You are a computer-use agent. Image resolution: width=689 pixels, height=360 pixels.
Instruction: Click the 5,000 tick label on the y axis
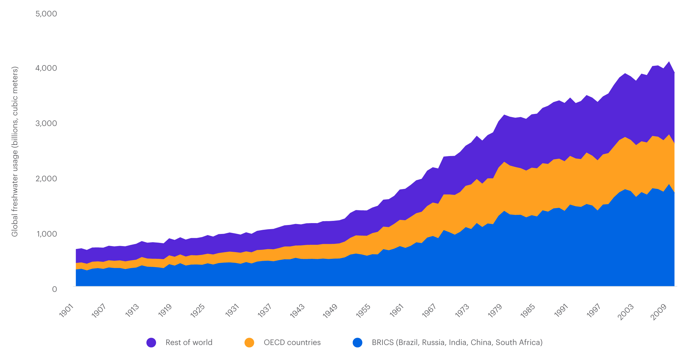coord(46,14)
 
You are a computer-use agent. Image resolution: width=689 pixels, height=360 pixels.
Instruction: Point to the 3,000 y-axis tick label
coord(46,123)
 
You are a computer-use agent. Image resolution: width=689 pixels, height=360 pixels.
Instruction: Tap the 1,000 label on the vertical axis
coord(46,234)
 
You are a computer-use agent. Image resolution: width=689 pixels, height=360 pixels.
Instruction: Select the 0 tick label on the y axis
coord(54,289)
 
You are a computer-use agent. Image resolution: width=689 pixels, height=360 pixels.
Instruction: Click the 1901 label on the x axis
coord(67,311)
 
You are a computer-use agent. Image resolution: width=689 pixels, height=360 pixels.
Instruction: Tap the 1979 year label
coord(495,311)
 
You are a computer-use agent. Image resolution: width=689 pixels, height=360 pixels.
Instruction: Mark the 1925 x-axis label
coord(198,311)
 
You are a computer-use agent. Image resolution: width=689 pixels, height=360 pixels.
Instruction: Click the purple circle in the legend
coord(151,342)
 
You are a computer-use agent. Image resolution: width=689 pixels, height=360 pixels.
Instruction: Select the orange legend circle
coord(249,342)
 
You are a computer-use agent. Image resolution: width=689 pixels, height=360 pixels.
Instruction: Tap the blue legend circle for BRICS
coord(357,342)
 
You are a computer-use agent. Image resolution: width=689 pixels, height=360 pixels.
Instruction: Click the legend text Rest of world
coord(189,342)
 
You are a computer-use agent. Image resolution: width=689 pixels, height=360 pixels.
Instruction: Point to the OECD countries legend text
coord(292,342)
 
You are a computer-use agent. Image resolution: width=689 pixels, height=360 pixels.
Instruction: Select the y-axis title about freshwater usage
coord(15,151)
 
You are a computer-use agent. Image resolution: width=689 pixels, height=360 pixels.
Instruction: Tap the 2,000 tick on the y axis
coord(46,178)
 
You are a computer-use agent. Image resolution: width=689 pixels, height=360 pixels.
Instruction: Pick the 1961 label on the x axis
coord(396,311)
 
